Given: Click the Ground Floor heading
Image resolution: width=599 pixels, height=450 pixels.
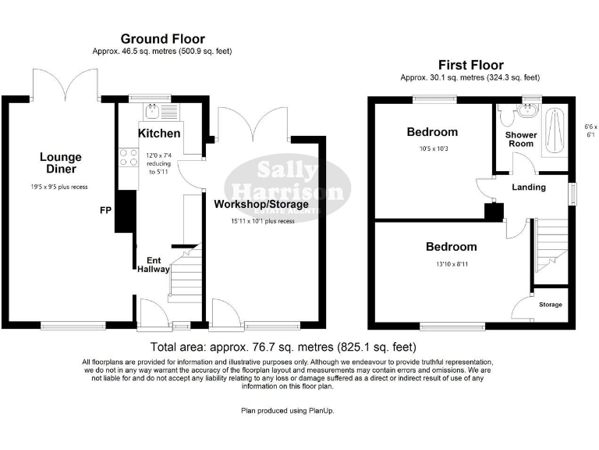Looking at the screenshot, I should tap(162, 38).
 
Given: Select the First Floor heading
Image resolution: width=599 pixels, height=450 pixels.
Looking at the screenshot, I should tap(470, 65).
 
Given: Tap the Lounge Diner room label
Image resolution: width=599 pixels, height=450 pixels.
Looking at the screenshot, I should tap(61, 162).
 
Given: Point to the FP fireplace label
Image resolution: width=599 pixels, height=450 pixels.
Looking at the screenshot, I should tap(105, 211).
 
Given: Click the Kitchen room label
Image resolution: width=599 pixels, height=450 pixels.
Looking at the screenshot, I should tap(159, 134).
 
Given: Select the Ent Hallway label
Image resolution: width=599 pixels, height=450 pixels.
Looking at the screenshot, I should tap(153, 264).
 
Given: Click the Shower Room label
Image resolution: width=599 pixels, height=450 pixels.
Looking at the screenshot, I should tap(521, 139).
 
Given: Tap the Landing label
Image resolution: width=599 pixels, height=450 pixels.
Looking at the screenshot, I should tap(528, 187).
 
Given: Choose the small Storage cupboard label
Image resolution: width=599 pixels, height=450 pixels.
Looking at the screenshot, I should tap(550, 305).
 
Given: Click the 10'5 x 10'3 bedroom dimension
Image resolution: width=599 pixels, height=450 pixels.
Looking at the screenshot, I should tap(431, 148).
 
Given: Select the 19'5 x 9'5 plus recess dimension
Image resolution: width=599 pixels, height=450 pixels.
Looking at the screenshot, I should tap(61, 187).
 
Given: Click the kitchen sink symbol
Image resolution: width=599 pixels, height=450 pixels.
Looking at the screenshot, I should tap(154, 110).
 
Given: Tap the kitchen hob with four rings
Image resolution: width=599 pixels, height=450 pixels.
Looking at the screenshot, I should tap(126, 159).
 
